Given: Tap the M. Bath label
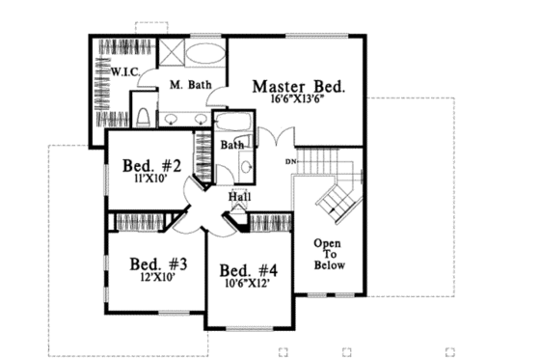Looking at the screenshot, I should (x=190, y=86).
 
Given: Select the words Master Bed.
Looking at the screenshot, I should (x=298, y=86).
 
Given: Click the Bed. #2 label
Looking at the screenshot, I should (x=150, y=164).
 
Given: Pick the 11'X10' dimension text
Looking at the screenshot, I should (x=150, y=178).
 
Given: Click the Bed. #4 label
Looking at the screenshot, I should (x=247, y=270).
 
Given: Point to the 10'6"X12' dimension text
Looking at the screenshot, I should (x=247, y=285).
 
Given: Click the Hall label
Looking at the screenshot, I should (x=240, y=198).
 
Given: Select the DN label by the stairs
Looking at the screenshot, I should (x=290, y=160).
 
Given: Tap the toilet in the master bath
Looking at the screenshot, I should (x=143, y=118).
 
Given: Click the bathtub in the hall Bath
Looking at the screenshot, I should (x=231, y=123).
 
